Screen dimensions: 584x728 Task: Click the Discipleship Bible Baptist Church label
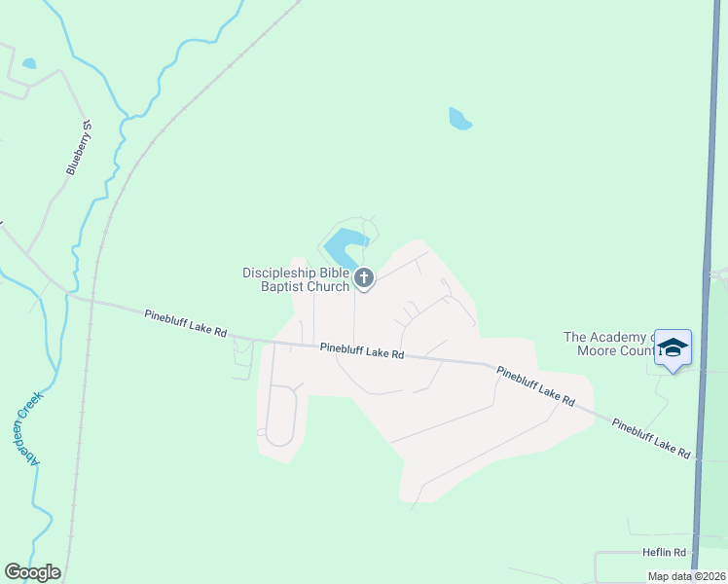pyautogui.click(x=296, y=279)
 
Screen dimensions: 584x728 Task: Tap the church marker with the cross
pyautogui.click(x=364, y=279)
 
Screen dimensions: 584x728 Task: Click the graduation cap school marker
pyautogui.click(x=673, y=347)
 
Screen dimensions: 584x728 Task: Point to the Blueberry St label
pyautogui.click(x=79, y=147)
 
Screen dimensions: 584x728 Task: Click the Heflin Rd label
pyautogui.click(x=665, y=552)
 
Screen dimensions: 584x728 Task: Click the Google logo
pyautogui.click(x=32, y=572)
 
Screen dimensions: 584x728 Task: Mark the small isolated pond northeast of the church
pyautogui.click(x=459, y=120)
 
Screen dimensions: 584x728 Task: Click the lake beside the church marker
pyautogui.click(x=346, y=243)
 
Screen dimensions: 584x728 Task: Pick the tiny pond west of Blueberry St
pyautogui.click(x=29, y=64)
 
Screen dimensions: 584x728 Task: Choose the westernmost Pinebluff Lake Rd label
pyautogui.click(x=185, y=324)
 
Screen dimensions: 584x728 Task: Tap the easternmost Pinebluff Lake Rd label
pyautogui.click(x=651, y=438)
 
